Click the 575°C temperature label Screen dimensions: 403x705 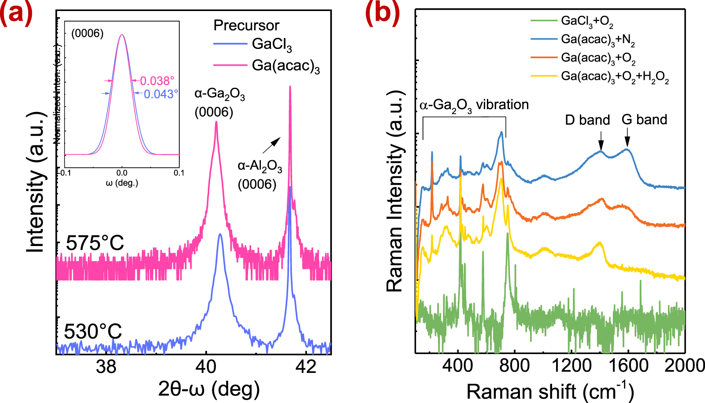click(x=95, y=243)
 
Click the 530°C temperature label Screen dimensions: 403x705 click(x=93, y=332)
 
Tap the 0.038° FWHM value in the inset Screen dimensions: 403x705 click(x=157, y=81)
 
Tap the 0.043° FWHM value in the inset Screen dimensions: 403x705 click(x=161, y=94)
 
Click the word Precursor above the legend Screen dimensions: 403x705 click(x=246, y=25)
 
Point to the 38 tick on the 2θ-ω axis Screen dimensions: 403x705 click(x=106, y=366)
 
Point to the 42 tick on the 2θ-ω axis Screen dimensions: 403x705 click(x=306, y=366)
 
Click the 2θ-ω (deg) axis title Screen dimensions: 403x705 click(x=209, y=389)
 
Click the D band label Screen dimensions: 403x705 click(x=587, y=120)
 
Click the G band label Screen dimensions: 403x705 click(x=644, y=119)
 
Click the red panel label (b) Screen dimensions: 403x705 click(x=382, y=12)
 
